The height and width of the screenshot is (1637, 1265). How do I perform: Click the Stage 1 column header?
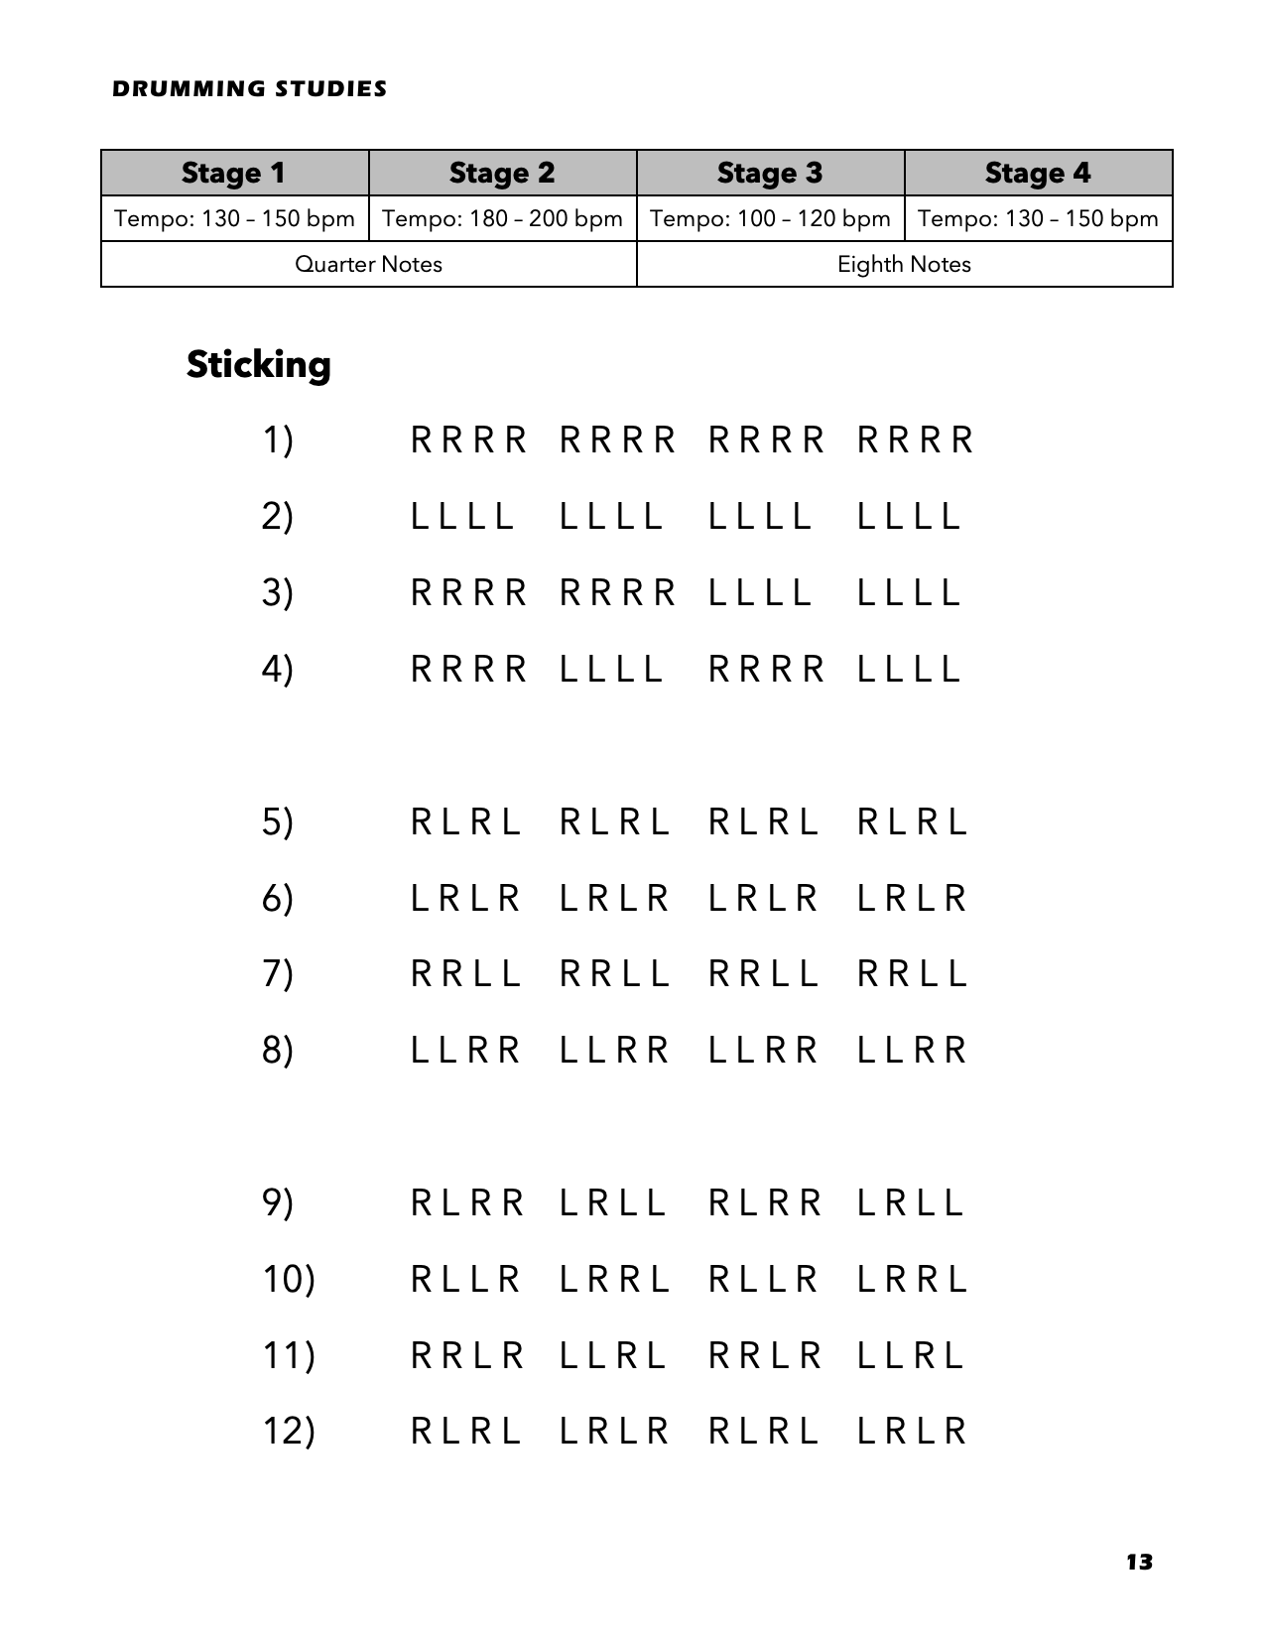tap(234, 174)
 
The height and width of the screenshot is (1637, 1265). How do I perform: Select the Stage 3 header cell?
tap(770, 174)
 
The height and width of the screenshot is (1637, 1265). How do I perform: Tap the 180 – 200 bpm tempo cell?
tap(502, 219)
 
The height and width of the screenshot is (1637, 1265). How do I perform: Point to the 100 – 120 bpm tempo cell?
tap(770, 219)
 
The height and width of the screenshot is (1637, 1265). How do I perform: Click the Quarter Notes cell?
tap(368, 265)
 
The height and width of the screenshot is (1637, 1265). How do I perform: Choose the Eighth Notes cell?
tap(904, 265)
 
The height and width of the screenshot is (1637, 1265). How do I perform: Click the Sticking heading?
tap(259, 365)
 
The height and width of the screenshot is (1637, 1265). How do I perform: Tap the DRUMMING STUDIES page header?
tap(249, 89)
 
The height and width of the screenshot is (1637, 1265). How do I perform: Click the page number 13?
tap(1140, 1563)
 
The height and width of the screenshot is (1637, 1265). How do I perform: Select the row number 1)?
tap(278, 440)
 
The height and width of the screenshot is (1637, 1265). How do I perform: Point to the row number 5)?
tap(278, 822)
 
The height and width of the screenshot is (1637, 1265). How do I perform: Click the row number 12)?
tap(288, 1432)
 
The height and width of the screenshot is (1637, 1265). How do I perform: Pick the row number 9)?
tap(278, 1203)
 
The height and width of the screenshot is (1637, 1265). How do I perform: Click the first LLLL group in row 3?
tap(761, 593)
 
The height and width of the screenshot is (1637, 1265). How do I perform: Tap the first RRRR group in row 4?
tap(468, 670)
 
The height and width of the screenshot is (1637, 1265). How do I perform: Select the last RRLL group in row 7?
tap(912, 974)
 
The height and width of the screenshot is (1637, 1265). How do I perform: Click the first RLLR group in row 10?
tap(465, 1280)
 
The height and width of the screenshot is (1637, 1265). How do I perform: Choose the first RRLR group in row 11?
tap(467, 1356)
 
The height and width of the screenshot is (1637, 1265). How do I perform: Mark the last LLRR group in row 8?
tap(912, 1051)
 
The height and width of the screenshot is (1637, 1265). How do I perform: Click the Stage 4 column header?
tap(1038, 174)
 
